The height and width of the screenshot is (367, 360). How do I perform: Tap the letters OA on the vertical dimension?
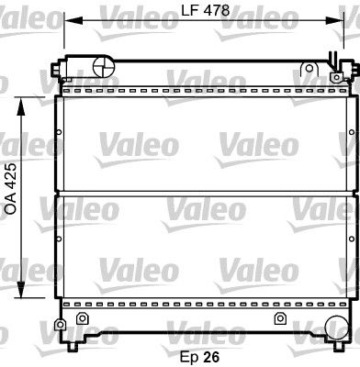pyautogui.click(x=10, y=205)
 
